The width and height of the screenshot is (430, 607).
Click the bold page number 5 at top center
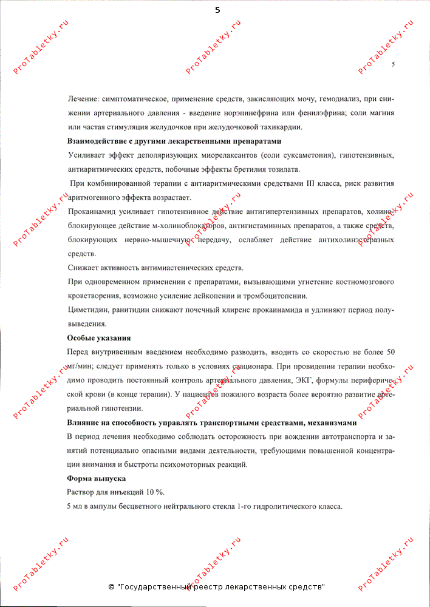[217, 10]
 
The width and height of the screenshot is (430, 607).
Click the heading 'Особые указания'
[98, 338]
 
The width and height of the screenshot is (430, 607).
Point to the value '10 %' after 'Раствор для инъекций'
[154, 492]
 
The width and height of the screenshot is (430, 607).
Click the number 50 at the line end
[391, 353]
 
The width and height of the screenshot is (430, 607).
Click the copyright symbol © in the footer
[111, 588]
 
